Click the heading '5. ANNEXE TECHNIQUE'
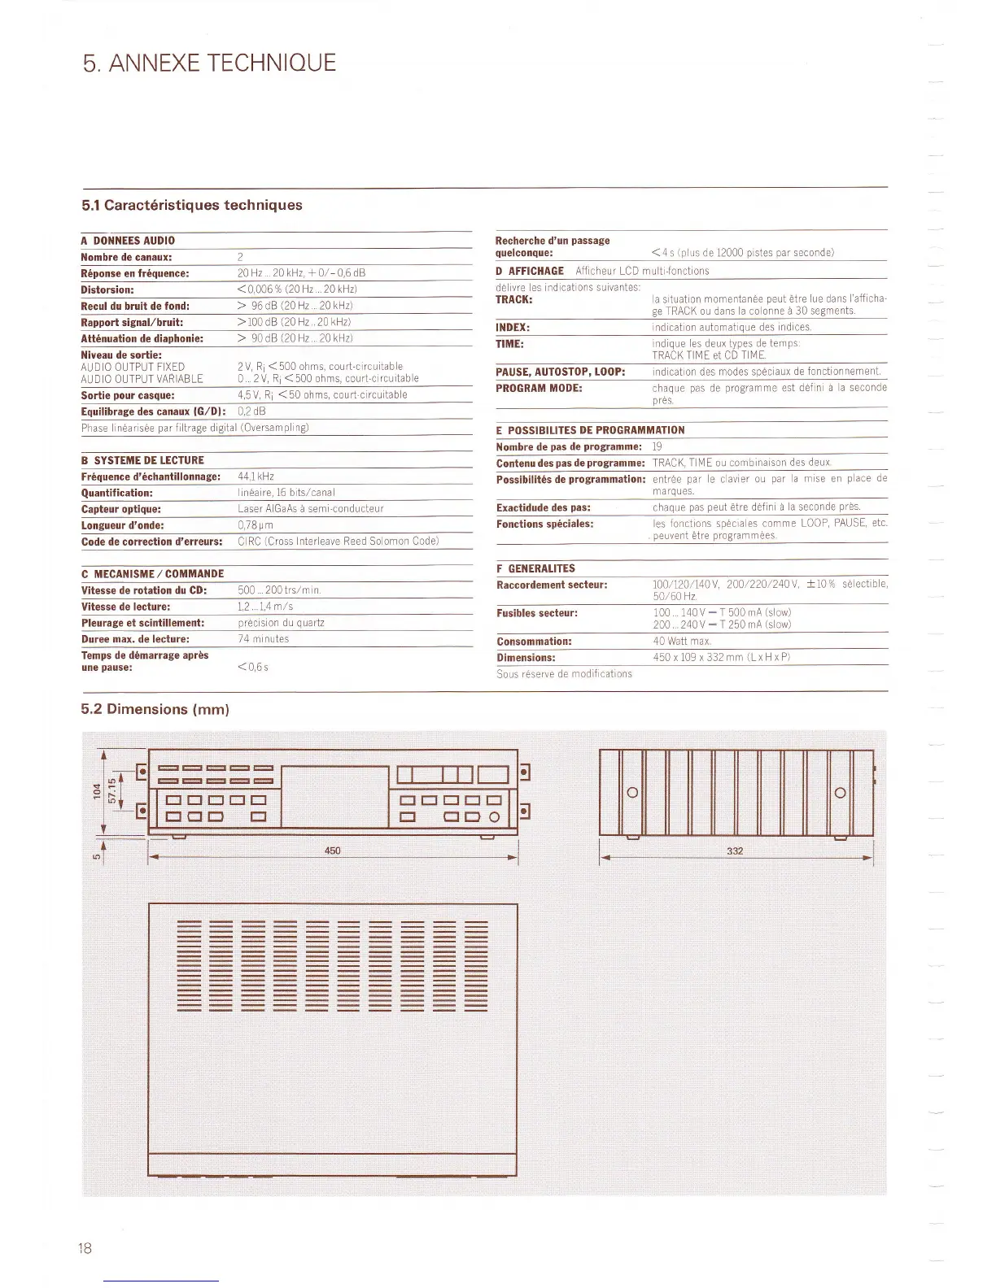tap(209, 63)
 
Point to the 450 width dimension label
tap(332, 851)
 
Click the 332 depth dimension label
tap(735, 851)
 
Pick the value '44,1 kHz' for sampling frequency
tap(256, 476)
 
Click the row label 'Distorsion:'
tap(107, 289)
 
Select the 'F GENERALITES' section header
tap(535, 568)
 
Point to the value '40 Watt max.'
tap(682, 642)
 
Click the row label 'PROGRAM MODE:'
tap(539, 388)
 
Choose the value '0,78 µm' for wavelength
tap(255, 525)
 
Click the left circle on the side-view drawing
tap(631, 793)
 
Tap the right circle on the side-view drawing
tap(841, 793)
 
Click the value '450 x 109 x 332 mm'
tap(721, 657)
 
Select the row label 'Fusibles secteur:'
tap(537, 613)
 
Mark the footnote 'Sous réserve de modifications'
tap(564, 673)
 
